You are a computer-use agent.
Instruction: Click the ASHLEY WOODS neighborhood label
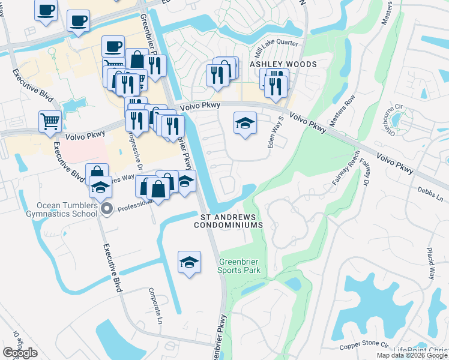click(x=274, y=64)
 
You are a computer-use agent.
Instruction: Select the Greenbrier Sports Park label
click(x=240, y=266)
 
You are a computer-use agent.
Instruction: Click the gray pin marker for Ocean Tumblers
click(x=107, y=209)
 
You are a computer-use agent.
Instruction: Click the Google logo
click(x=20, y=353)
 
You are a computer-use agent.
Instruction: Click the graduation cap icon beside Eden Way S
click(x=244, y=124)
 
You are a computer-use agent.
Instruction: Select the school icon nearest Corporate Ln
click(x=189, y=262)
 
